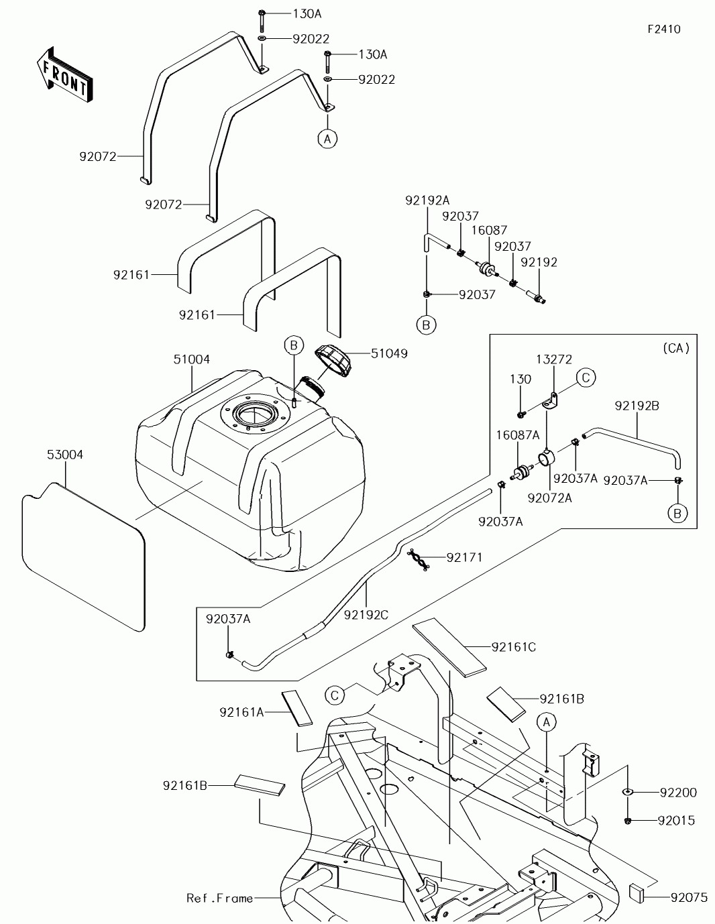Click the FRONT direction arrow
tap(64, 74)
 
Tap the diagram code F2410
tap(663, 30)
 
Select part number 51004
tap(191, 359)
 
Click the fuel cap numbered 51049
tap(333, 359)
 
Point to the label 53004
tap(65, 455)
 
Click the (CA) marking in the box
tap(675, 348)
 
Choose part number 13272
tap(553, 359)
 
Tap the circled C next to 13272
tap(586, 378)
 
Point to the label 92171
tap(464, 557)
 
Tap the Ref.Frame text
tap(219, 898)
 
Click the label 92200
tap(678, 793)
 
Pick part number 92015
tap(676, 821)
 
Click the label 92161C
tap(514, 647)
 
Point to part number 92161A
tap(241, 711)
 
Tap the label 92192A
tap(427, 200)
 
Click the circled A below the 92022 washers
tap(327, 139)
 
